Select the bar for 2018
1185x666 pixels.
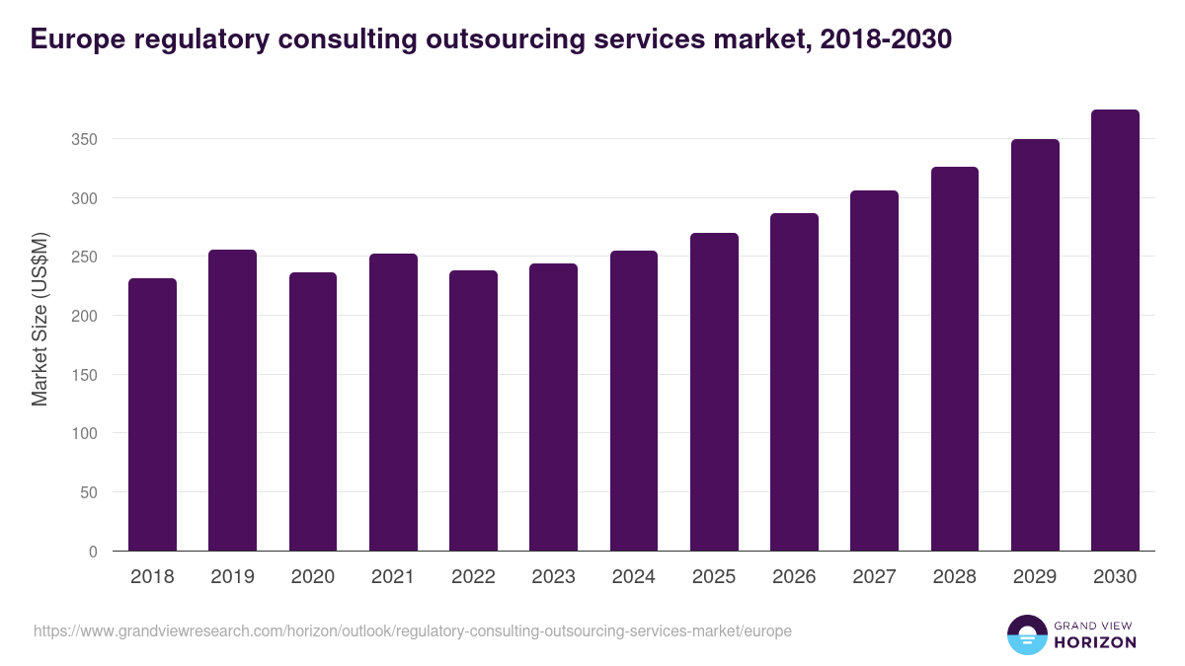152,414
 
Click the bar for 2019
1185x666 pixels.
232,401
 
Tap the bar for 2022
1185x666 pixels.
473,410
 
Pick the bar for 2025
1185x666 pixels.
714,392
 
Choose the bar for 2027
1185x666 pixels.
874,371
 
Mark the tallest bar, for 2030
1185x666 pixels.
1115,331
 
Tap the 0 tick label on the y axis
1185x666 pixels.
93,552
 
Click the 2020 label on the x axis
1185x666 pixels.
312,577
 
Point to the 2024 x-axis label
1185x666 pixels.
633,577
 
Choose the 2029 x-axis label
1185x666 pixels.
1035,577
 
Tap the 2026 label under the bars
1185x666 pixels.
794,577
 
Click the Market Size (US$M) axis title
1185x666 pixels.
39,319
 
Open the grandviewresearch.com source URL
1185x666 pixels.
412,630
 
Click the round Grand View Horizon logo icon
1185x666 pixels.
1026,634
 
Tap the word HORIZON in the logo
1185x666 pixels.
1094,642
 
